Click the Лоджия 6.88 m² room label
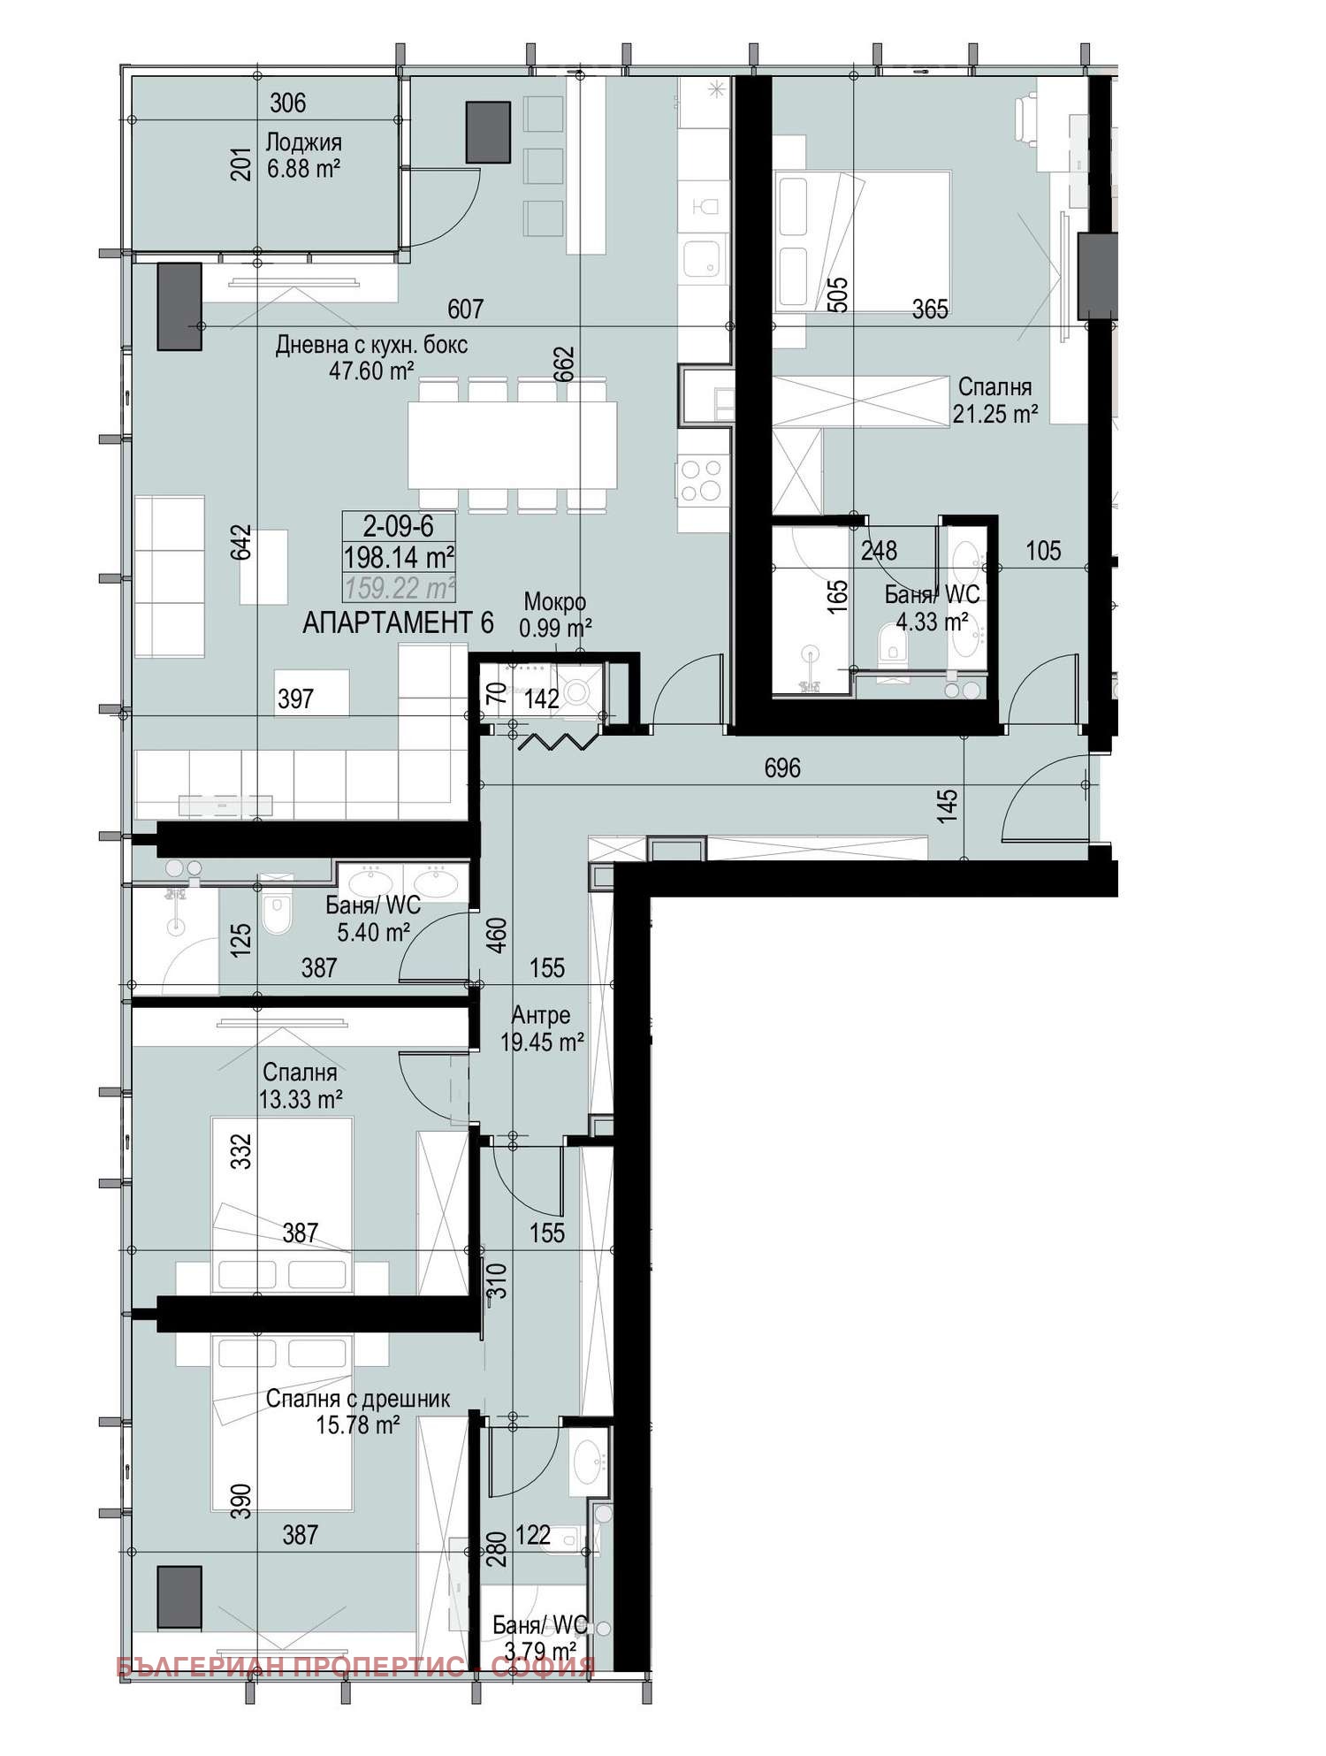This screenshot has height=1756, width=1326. pyautogui.click(x=303, y=156)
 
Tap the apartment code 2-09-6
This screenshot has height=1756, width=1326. pyautogui.click(x=399, y=527)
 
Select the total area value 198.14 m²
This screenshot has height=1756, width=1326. pyautogui.click(x=399, y=558)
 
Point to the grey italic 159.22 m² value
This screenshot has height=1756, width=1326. pyautogui.click(x=400, y=588)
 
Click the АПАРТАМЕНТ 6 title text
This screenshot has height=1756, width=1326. pyautogui.click(x=398, y=623)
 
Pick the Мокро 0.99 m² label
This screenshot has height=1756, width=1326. pyautogui.click(x=555, y=615)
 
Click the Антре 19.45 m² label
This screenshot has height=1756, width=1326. pyautogui.click(x=542, y=1028)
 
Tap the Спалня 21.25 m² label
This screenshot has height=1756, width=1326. pyautogui.click(x=994, y=401)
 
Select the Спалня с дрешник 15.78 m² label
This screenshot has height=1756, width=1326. pyautogui.click(x=358, y=1411)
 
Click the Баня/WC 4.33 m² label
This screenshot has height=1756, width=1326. pyautogui.click(x=932, y=608)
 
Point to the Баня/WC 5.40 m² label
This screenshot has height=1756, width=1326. pyautogui.click(x=373, y=918)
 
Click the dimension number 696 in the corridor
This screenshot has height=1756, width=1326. pyautogui.click(x=782, y=767)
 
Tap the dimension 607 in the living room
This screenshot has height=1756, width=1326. pyautogui.click(x=465, y=309)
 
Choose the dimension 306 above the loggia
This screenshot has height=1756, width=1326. pyautogui.click(x=287, y=103)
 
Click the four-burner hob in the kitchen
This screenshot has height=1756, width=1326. pyautogui.click(x=703, y=480)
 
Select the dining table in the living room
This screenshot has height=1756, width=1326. pyautogui.click(x=513, y=444)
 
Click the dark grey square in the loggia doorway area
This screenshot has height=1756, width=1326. pyautogui.click(x=488, y=132)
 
